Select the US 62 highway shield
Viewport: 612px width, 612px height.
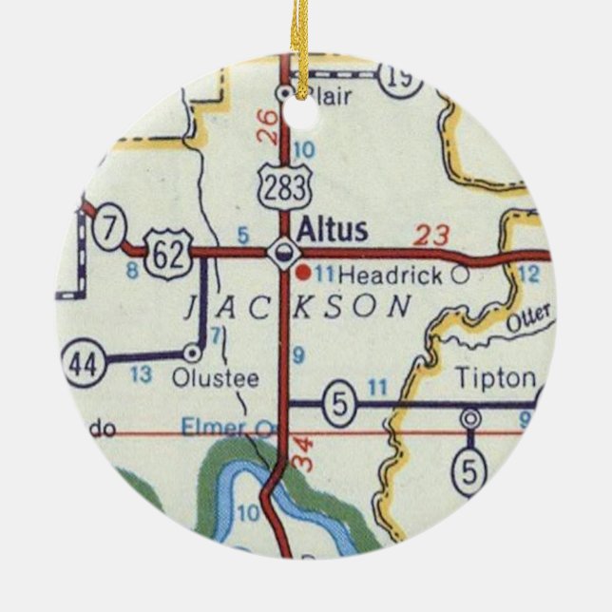170,252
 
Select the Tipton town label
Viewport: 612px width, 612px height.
495,377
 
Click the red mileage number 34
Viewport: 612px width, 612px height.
302,453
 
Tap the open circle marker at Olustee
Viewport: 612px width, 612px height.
193,354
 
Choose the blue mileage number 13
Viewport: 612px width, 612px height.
141,374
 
